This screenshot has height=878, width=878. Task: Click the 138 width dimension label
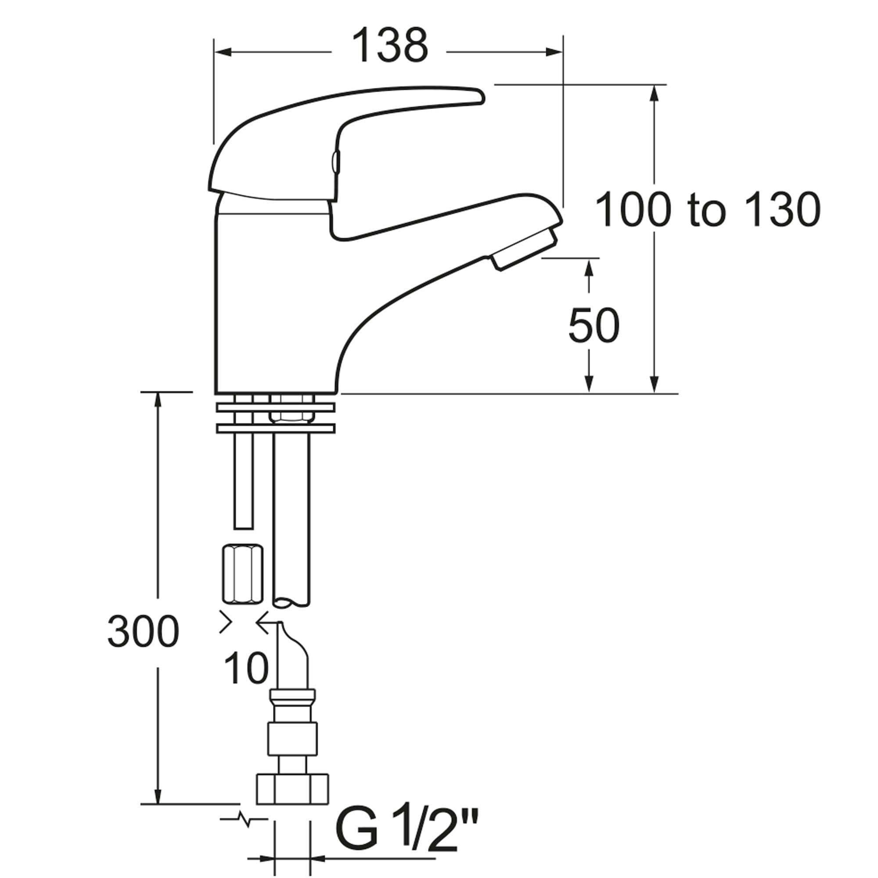point(390,46)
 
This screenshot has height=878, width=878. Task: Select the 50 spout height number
point(594,325)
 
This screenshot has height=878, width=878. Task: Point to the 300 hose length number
point(144,632)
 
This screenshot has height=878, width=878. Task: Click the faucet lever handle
point(345,141)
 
